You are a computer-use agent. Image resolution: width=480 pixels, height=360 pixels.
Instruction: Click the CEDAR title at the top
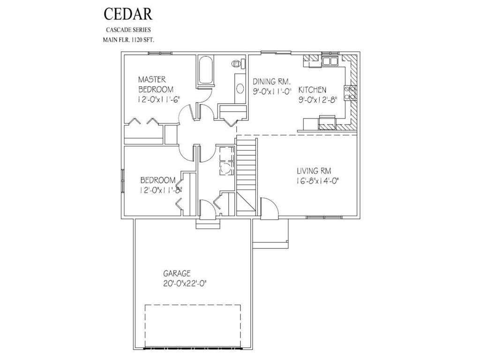click(x=127, y=14)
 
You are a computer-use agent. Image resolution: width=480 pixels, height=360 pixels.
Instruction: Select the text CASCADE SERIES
click(x=127, y=30)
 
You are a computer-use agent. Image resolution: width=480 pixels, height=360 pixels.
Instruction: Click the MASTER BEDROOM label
click(x=155, y=84)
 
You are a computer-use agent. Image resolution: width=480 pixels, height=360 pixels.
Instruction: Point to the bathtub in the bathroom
click(x=205, y=71)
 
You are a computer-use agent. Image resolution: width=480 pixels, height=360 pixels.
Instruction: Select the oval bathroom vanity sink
click(x=240, y=88)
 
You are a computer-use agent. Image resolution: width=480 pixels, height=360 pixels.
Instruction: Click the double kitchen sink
click(x=330, y=61)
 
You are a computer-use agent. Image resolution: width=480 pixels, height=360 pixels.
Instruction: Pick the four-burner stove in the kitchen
click(x=350, y=93)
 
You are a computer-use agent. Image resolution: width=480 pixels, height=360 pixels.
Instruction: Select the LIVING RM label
click(x=314, y=171)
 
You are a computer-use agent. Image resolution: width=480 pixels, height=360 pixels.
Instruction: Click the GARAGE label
click(x=177, y=273)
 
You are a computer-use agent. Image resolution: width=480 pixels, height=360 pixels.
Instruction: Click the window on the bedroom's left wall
click(x=123, y=181)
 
